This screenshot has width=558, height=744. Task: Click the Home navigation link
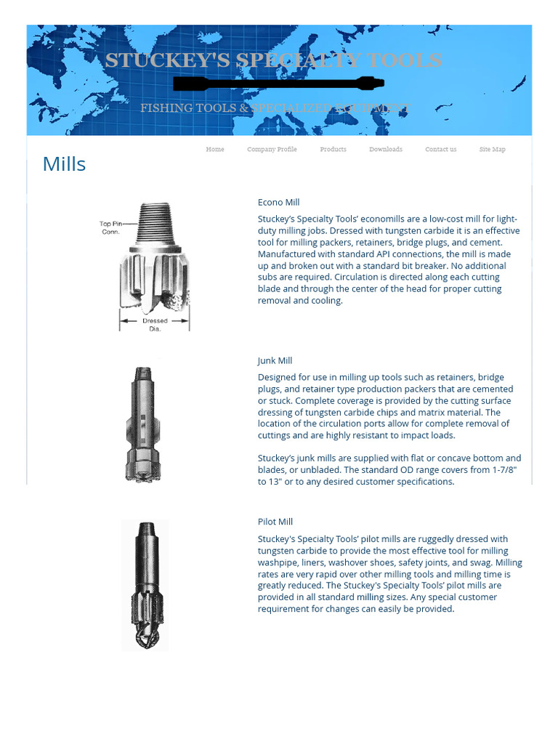(214, 149)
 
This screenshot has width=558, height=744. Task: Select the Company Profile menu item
(272, 149)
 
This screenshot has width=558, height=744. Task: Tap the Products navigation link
(333, 149)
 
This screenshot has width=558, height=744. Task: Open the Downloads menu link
(385, 149)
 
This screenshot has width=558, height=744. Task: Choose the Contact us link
(440, 149)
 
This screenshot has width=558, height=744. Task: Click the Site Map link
(492, 149)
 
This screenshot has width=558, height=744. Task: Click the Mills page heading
(64, 164)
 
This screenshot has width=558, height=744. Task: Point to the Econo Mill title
(278, 202)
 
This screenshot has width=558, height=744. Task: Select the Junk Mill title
(275, 360)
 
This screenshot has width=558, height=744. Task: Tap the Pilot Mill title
(275, 522)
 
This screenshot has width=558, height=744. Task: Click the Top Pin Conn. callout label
(110, 227)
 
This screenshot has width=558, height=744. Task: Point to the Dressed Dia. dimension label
(154, 324)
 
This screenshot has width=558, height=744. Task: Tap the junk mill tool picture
(142, 424)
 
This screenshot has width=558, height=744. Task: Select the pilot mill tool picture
(145, 584)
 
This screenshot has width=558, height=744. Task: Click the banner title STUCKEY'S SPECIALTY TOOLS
(272, 60)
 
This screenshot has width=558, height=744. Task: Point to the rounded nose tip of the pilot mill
(144, 638)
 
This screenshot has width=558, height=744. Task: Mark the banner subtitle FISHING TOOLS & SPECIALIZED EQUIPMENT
(275, 108)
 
